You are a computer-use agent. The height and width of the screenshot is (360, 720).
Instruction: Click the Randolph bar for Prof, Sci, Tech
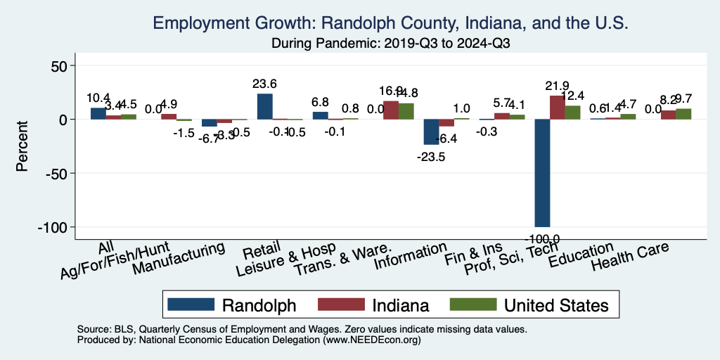[542, 173]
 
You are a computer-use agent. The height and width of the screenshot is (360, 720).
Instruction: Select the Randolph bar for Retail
[264, 106]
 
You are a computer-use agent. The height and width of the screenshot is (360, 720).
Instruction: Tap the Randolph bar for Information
[431, 132]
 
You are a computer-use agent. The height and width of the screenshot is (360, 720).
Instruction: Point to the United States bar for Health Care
[683, 114]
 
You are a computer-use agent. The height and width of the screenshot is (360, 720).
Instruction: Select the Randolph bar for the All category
[98, 114]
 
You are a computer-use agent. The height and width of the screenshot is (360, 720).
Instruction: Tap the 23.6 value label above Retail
[264, 84]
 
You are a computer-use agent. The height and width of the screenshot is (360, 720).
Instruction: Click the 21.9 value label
[557, 85]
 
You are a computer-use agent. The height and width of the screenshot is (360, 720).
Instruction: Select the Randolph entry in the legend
[231, 304]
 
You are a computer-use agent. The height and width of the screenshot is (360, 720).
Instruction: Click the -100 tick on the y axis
[53, 227]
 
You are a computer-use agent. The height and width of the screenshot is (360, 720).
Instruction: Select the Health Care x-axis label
[629, 257]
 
